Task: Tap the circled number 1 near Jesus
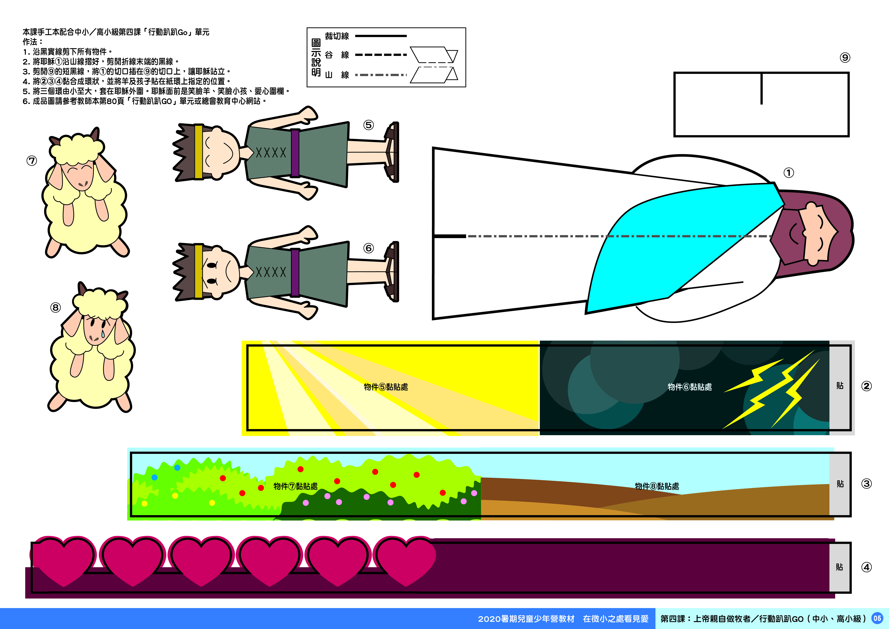(789, 173)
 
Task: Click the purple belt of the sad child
(295, 272)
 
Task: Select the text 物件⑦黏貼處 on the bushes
(295, 486)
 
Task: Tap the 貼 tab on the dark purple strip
(839, 567)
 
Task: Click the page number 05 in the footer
(877, 618)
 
